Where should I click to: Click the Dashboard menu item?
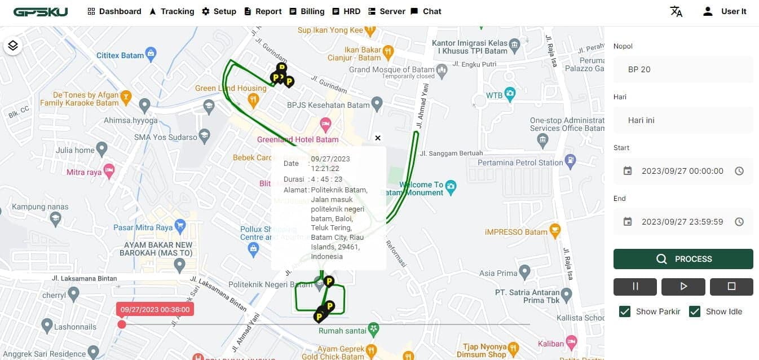click(x=114, y=11)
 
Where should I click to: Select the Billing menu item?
click(x=307, y=11)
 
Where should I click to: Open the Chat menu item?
click(x=426, y=11)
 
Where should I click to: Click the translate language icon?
click(x=676, y=11)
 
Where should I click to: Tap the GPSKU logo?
click(x=41, y=12)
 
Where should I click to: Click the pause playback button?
click(x=635, y=287)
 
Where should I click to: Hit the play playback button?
click(x=683, y=287)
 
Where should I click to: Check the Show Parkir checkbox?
click(x=625, y=311)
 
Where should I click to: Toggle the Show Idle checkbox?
click(x=695, y=311)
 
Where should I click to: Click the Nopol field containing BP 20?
click(x=683, y=69)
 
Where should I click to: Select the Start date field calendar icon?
click(x=628, y=171)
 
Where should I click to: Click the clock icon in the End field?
click(x=739, y=222)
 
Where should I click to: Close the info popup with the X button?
click(x=378, y=138)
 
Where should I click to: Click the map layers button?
click(x=13, y=46)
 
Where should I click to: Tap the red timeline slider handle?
click(x=122, y=324)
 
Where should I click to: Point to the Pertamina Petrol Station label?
click(x=520, y=163)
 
